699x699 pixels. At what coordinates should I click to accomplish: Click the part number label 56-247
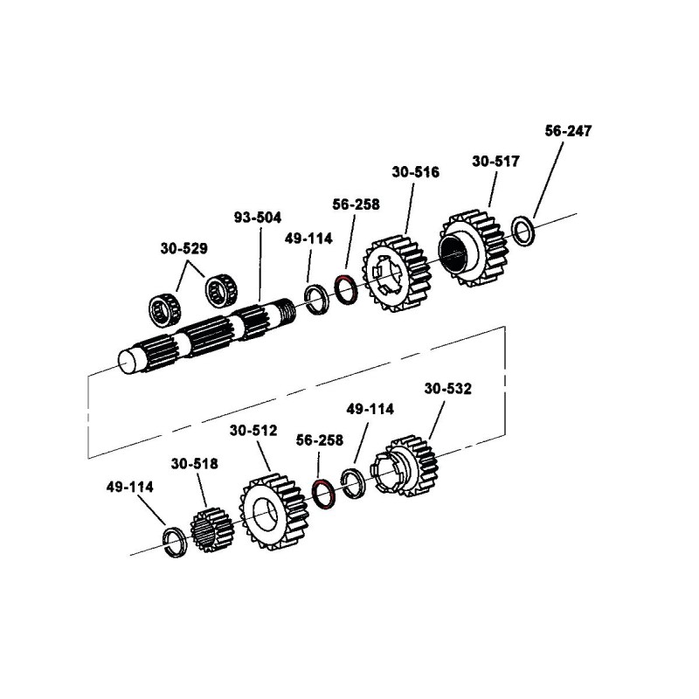point(567,131)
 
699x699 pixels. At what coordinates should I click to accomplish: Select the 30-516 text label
point(415,172)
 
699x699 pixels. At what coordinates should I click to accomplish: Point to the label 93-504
point(260,217)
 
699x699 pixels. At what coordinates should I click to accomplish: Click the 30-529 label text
point(183,248)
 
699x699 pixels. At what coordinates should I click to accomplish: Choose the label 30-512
point(253,430)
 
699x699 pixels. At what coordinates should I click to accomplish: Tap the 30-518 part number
point(194,464)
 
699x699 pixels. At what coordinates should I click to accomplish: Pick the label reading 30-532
point(447,389)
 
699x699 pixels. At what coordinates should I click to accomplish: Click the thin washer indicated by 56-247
point(523,230)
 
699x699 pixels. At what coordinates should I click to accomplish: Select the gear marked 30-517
point(473,246)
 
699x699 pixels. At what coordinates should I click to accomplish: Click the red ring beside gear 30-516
point(345,289)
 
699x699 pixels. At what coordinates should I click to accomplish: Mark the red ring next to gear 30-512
point(323,495)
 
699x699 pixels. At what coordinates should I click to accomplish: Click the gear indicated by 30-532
point(406,468)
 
